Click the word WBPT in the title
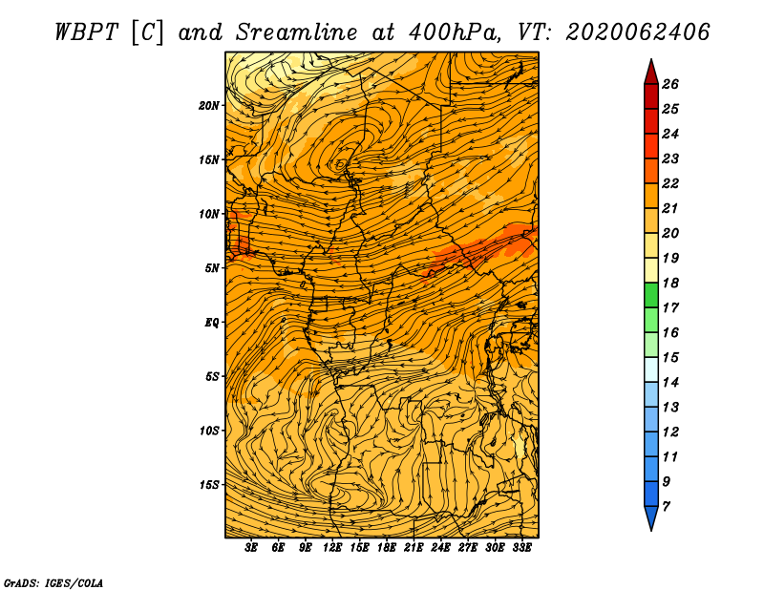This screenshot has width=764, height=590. [86, 32]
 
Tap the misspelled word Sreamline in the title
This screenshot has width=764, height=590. [297, 32]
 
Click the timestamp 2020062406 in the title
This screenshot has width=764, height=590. [638, 32]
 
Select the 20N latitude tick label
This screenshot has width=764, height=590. [209, 106]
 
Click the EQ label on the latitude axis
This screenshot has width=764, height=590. [211, 323]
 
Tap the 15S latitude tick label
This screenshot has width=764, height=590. [209, 485]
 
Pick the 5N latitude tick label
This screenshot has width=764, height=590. [212, 268]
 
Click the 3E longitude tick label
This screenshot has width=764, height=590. [251, 548]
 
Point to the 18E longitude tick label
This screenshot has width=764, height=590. [387, 548]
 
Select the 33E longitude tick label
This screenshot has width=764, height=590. [521, 548]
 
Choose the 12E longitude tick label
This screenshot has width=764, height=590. [331, 548]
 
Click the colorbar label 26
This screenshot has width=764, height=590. [670, 84]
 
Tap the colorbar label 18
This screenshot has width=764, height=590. [670, 283]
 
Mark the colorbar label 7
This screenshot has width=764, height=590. [667, 507]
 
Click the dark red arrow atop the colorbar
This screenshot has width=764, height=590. [651, 73]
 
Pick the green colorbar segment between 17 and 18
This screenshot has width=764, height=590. [651, 295]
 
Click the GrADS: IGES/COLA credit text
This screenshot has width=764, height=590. [53, 583]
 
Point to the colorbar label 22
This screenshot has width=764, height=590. [670, 183]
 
